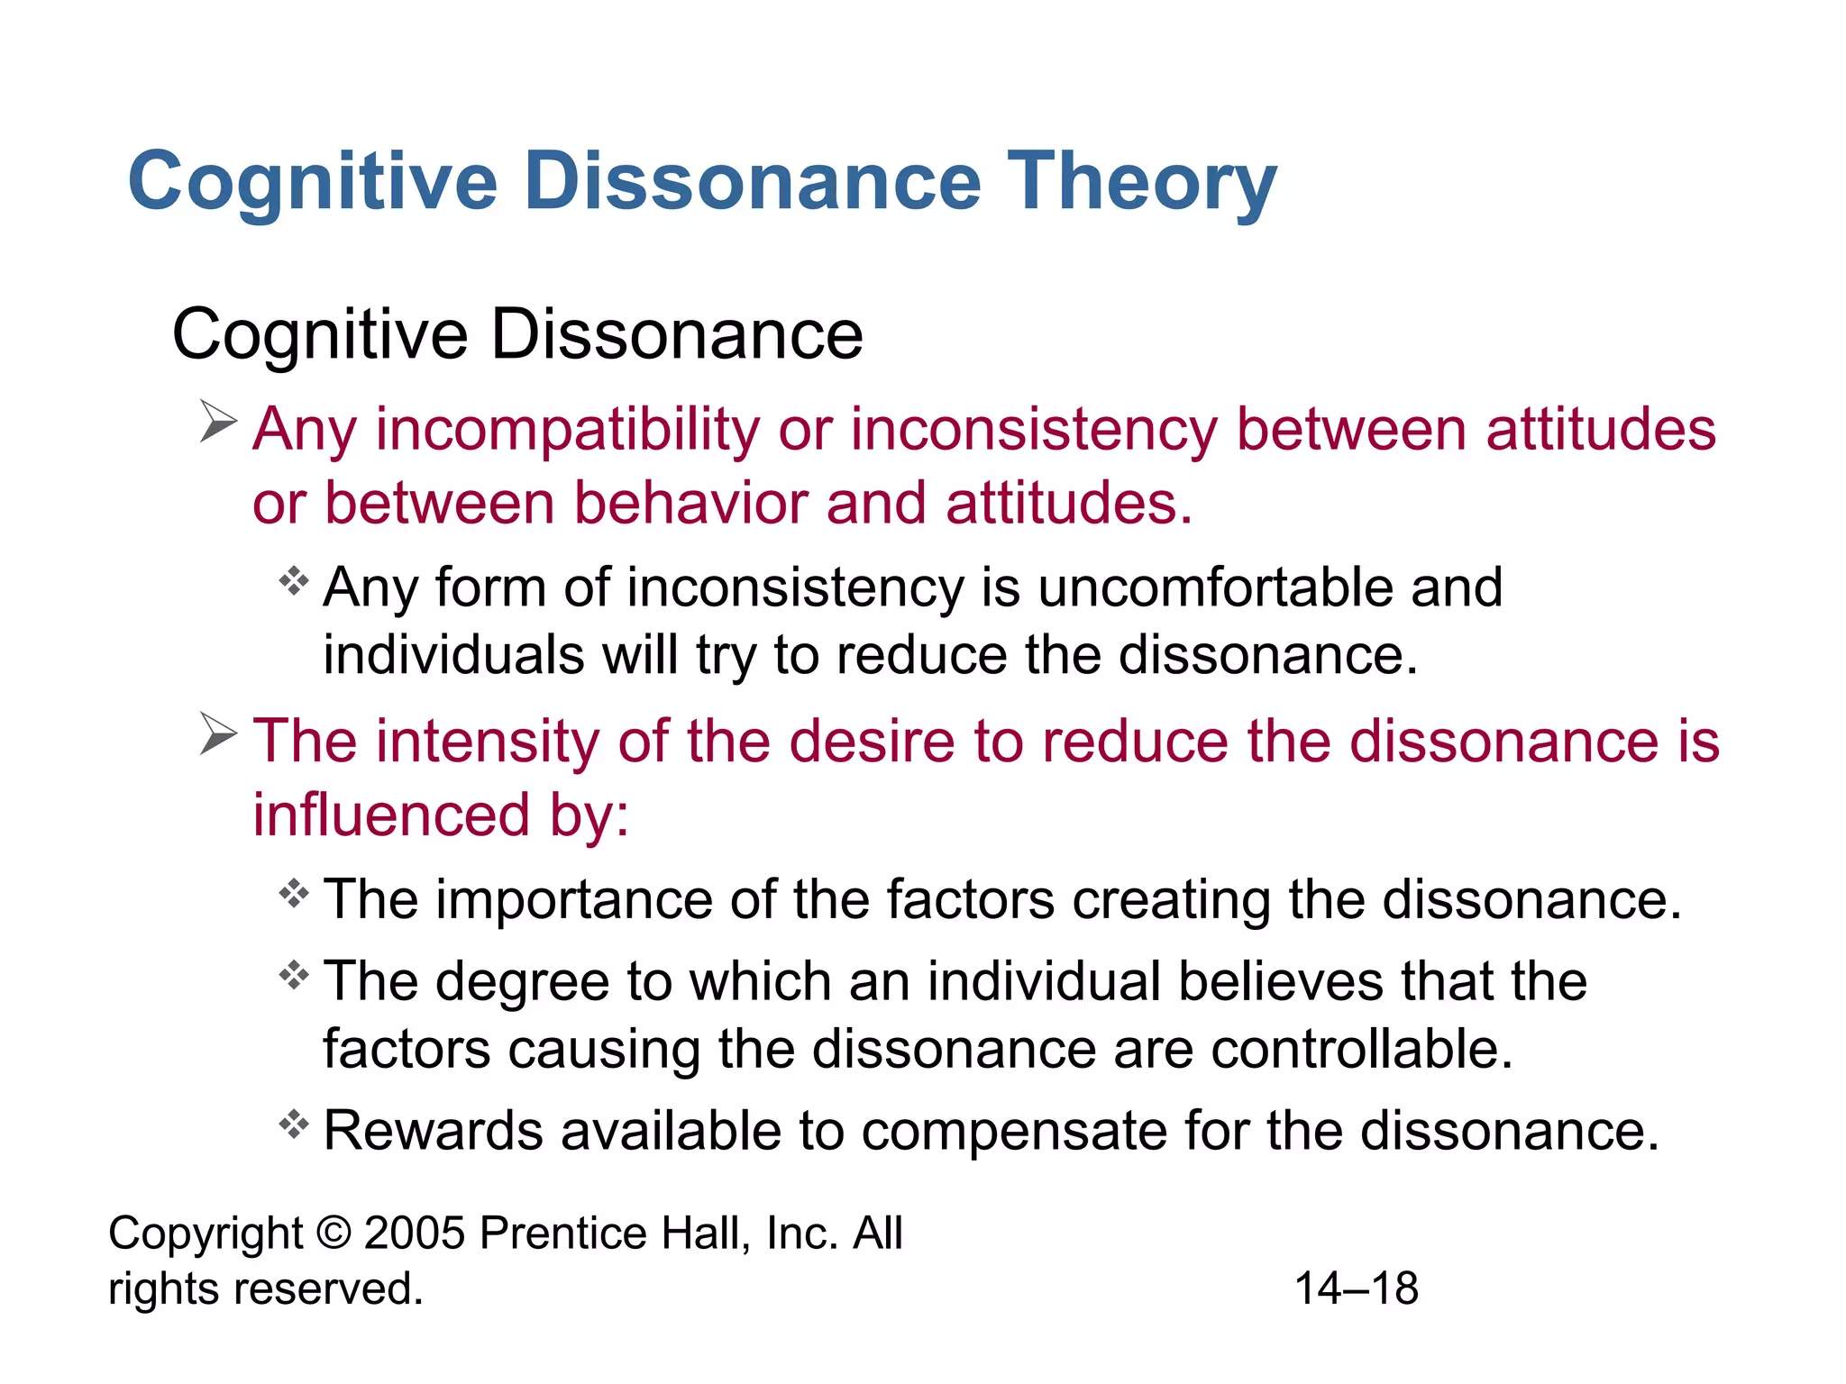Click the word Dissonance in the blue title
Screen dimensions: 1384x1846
click(x=752, y=181)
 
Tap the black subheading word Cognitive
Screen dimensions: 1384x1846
click(x=320, y=335)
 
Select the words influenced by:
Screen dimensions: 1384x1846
click(x=441, y=815)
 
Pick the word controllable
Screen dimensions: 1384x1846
click(x=1361, y=1049)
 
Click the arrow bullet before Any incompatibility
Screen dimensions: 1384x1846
click(x=217, y=422)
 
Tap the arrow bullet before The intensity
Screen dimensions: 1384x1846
click(x=217, y=733)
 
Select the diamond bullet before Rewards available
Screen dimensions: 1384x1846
click(x=294, y=1124)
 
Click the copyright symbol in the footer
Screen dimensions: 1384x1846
click(x=334, y=1233)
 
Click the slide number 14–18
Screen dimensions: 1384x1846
click(x=1356, y=1288)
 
